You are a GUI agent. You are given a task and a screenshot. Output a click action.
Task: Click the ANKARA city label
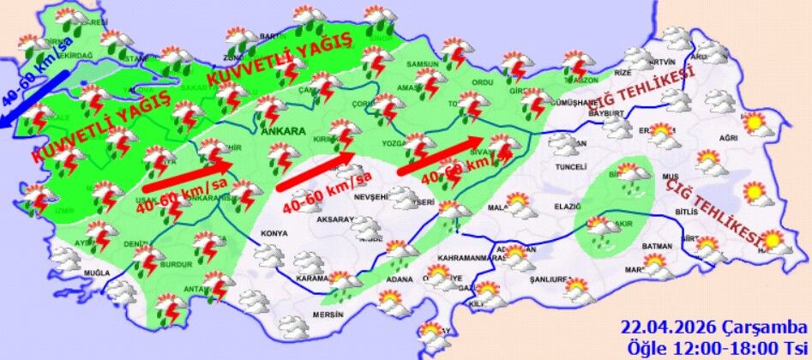click(283, 132)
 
